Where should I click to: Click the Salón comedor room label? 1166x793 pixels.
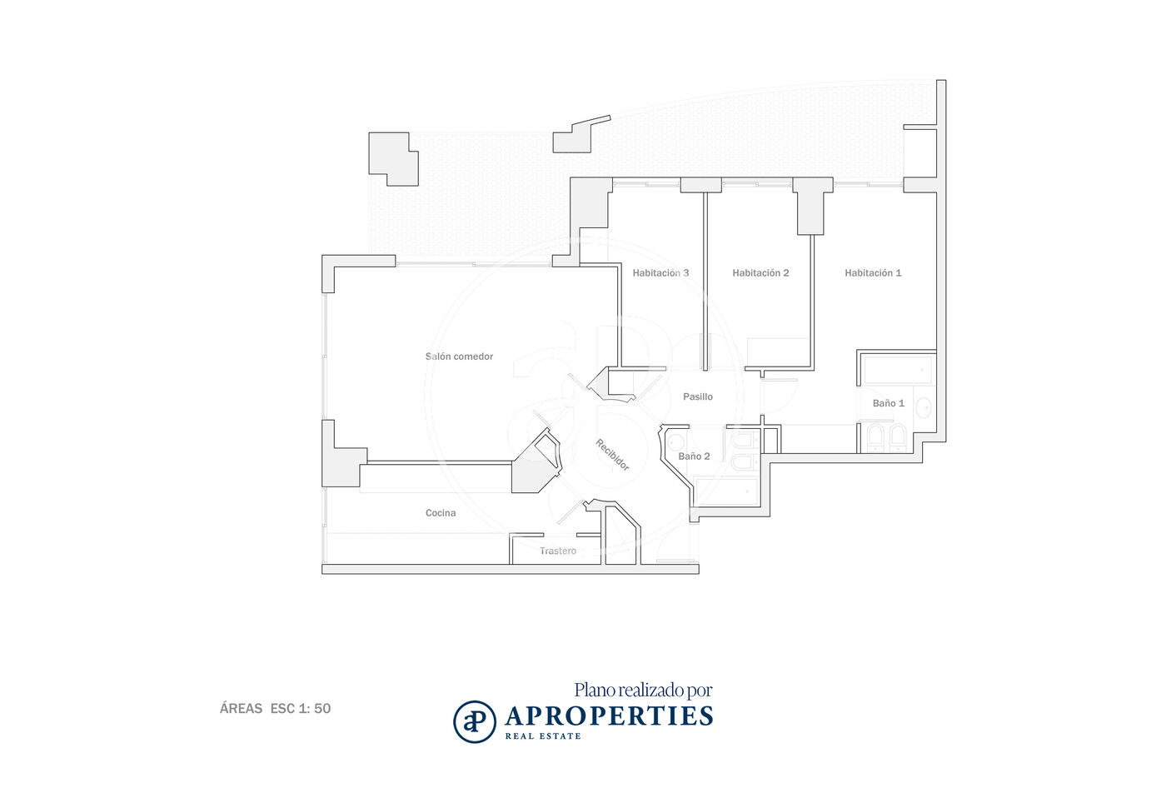tap(459, 357)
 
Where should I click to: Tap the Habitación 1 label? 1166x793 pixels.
tap(873, 273)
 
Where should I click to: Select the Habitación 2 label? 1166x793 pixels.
tap(760, 273)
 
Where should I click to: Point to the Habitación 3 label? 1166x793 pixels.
tap(660, 273)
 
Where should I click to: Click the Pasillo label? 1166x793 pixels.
tap(698, 396)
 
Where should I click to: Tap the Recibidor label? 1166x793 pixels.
tap(613, 455)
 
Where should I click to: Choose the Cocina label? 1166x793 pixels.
tap(441, 513)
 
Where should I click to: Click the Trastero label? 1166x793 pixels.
tap(557, 551)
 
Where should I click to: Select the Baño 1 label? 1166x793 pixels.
tap(888, 403)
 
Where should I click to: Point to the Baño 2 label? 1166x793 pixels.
tap(694, 456)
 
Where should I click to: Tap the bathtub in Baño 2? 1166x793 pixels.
tap(725, 491)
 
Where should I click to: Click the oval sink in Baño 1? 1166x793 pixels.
tap(924, 407)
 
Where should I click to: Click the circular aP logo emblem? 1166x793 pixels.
tap(474, 721)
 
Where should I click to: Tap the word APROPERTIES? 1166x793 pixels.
tap(609, 716)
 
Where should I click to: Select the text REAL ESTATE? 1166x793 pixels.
tap(543, 736)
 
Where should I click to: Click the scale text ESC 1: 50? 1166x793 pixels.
tap(301, 709)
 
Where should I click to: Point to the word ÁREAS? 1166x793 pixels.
tap(241, 708)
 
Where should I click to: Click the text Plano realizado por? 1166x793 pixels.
tap(643, 691)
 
